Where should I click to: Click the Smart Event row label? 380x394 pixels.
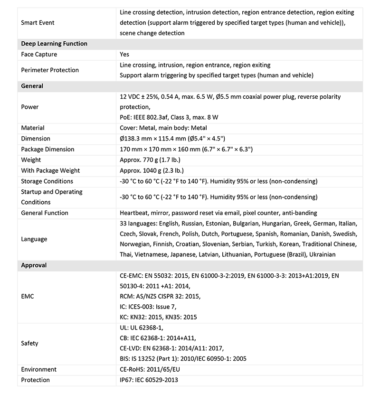[x=38, y=22]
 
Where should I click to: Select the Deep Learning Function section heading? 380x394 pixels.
[x=54, y=44]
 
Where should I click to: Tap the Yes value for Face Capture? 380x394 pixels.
[x=124, y=55]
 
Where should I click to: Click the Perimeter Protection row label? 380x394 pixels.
[x=50, y=70]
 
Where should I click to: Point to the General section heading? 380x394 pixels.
[x=32, y=86]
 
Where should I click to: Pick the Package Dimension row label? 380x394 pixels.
[x=47, y=149]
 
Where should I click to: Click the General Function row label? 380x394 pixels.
[x=45, y=213]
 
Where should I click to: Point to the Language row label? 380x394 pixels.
[x=34, y=239]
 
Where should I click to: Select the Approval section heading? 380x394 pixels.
[x=34, y=265]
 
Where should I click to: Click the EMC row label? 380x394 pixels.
[x=28, y=296]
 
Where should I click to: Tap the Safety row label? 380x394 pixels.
[x=29, y=343]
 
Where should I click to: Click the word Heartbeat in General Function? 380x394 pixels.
[x=135, y=213]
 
